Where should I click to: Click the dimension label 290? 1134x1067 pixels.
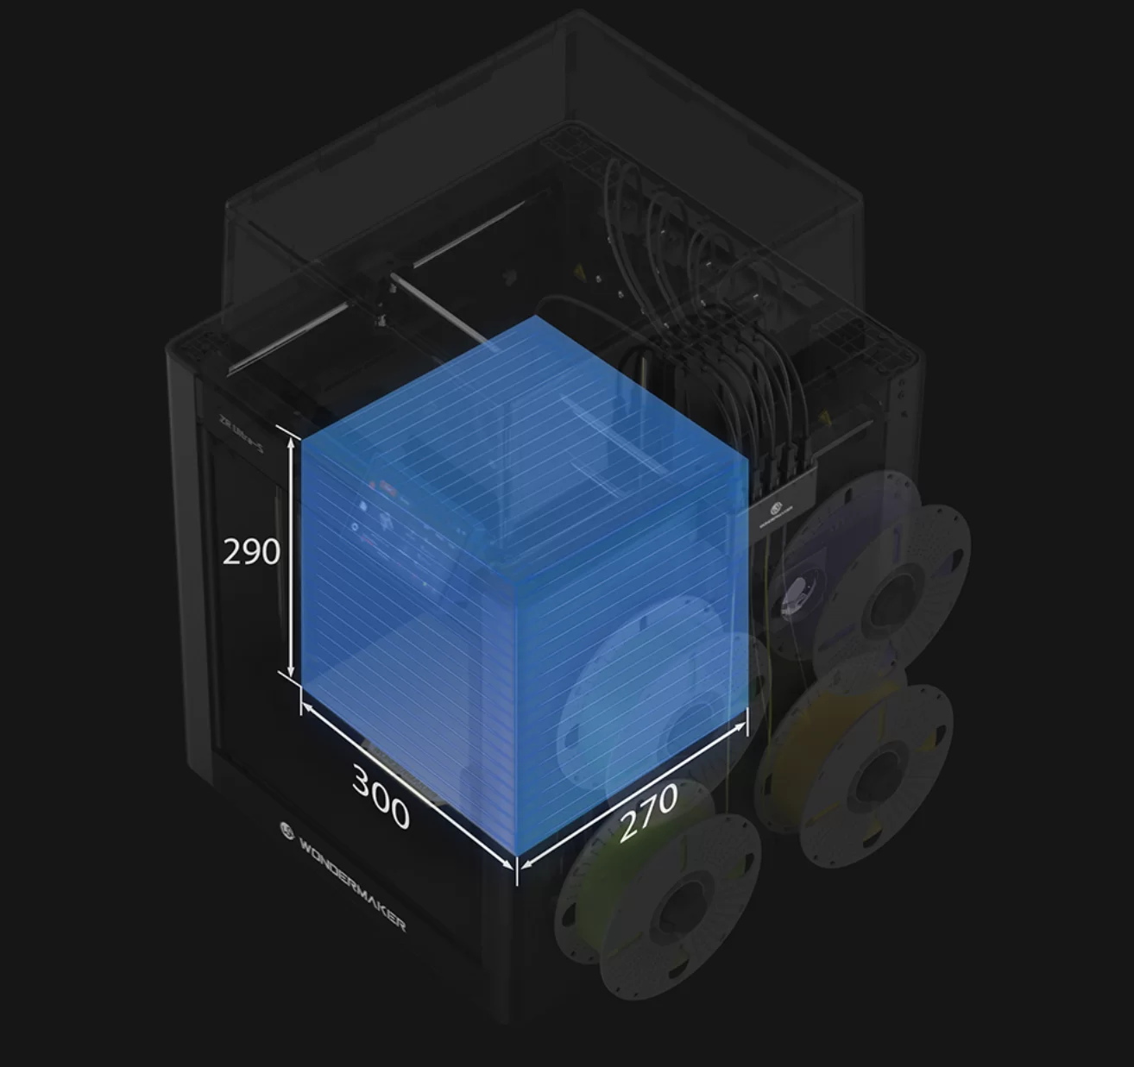coord(251,551)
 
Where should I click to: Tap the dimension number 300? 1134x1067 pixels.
coord(381,797)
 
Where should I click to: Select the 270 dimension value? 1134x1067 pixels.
coord(648,811)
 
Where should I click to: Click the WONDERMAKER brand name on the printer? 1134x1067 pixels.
coord(352,881)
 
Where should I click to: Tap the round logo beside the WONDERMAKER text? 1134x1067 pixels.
coord(288,831)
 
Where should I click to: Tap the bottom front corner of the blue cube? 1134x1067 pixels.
coord(517,859)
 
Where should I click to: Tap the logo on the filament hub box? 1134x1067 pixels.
coord(774,509)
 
